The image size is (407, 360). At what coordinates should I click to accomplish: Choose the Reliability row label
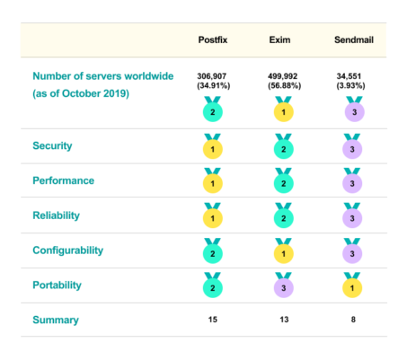pyautogui.click(x=57, y=215)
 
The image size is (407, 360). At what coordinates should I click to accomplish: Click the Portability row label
pyautogui.click(x=58, y=285)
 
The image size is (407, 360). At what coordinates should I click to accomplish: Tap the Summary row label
pyautogui.click(x=55, y=320)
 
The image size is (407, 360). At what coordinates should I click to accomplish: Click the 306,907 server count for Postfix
pyautogui.click(x=215, y=75)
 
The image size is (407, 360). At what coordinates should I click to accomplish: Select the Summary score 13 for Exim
pyautogui.click(x=282, y=320)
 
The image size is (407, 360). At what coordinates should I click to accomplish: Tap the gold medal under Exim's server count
pyautogui.click(x=282, y=111)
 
